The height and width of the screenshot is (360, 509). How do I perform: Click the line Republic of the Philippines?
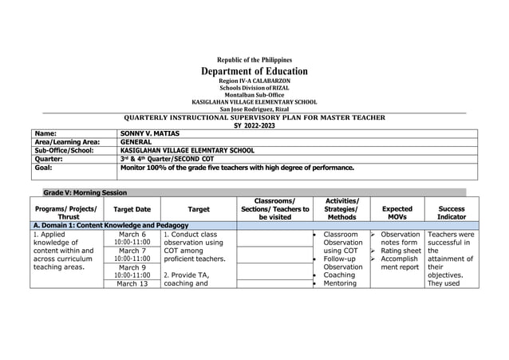click(x=254, y=60)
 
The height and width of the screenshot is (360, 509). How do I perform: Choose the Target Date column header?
click(x=132, y=210)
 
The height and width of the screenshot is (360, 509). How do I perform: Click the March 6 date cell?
click(x=132, y=235)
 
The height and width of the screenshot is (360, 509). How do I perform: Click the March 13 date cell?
click(x=132, y=283)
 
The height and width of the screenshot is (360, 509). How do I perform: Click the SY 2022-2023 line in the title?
click(x=254, y=125)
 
